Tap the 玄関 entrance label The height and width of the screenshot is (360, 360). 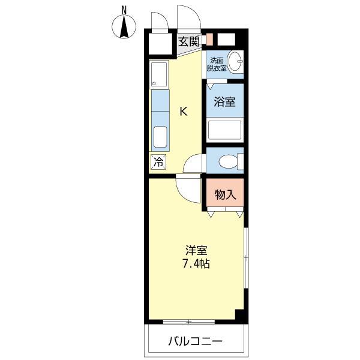(x=189, y=41)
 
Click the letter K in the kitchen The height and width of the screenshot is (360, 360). (x=184, y=111)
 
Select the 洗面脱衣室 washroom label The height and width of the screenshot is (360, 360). (x=217, y=64)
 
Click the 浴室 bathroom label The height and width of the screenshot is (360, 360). (x=225, y=102)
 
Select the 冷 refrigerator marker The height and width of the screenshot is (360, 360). (x=158, y=161)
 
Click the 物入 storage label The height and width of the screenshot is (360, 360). (x=225, y=194)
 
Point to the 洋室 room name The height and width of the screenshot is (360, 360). (x=196, y=251)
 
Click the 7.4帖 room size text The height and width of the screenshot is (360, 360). (x=196, y=263)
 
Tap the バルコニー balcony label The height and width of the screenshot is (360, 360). (x=195, y=341)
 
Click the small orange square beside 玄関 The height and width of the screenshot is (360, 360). (x=209, y=40)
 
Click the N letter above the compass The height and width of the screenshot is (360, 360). (x=124, y=9)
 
